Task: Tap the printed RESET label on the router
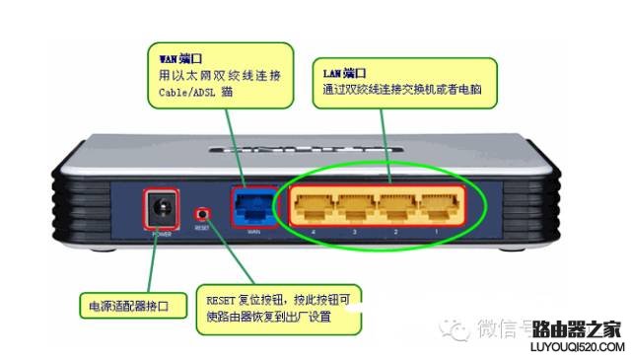[x=202, y=227]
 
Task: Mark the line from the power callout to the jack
[x=151, y=261]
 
